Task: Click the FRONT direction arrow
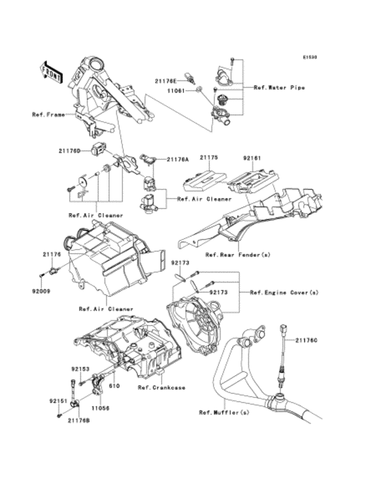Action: click(x=52, y=70)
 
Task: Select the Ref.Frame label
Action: click(x=48, y=116)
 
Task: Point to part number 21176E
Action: click(x=165, y=81)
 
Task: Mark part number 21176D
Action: click(x=70, y=151)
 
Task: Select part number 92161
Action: click(x=252, y=157)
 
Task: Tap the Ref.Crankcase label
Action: click(x=161, y=387)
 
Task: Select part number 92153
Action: click(x=80, y=368)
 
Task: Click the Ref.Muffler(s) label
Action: click(x=224, y=412)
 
